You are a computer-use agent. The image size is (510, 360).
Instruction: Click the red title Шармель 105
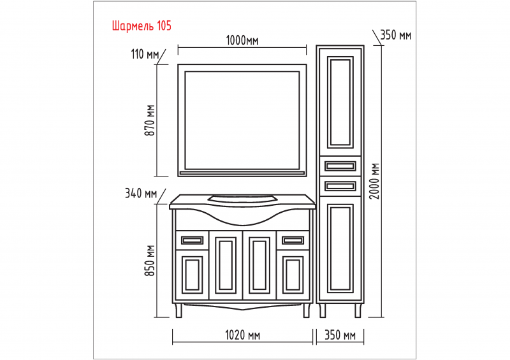click(x=141, y=26)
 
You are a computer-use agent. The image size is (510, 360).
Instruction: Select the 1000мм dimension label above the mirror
click(x=242, y=41)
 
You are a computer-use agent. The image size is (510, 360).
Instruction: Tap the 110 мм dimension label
click(x=145, y=54)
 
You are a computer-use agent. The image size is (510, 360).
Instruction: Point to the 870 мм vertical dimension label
click(x=150, y=120)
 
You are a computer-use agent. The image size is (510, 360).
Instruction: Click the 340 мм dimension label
click(x=141, y=193)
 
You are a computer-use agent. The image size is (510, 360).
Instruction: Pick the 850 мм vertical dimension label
click(x=150, y=261)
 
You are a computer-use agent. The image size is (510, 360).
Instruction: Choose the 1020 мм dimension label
click(x=242, y=335)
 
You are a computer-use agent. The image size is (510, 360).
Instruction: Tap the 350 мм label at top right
click(x=395, y=35)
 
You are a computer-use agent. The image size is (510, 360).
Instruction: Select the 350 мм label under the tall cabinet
click(x=340, y=335)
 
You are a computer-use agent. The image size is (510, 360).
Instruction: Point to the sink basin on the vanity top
click(x=242, y=198)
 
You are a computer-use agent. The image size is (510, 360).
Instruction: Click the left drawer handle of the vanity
click(x=192, y=240)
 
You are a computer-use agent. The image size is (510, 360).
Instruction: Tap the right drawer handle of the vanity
click(x=293, y=240)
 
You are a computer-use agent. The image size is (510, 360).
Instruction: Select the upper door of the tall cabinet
click(x=339, y=103)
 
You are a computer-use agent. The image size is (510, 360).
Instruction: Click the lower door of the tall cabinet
click(x=339, y=249)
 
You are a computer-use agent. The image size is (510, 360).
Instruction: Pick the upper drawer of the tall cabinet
click(x=339, y=167)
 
